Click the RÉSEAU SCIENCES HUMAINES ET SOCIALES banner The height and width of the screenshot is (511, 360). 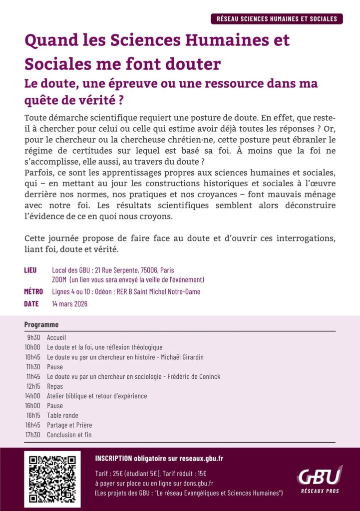tap(277, 19)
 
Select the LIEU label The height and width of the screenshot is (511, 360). tap(30, 270)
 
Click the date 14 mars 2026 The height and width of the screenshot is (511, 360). tap(70, 303)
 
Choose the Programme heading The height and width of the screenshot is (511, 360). tap(41, 325)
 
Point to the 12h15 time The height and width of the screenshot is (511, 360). tap(33, 386)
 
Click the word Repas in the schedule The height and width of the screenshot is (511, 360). tap(55, 386)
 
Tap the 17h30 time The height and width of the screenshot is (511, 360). tap(33, 435)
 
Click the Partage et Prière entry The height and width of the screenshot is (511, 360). tap(69, 425)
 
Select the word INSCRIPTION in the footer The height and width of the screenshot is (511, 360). tap(113, 459)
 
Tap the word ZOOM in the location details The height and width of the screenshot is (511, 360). tap(59, 280)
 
